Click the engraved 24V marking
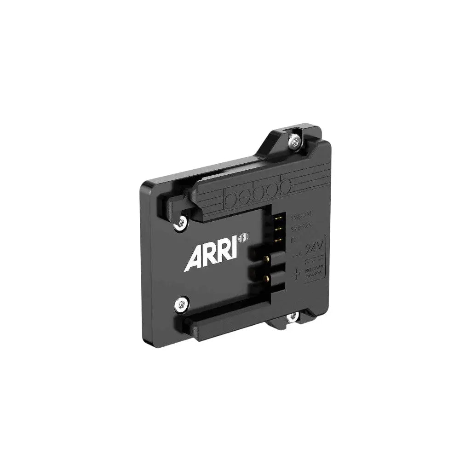[314, 250]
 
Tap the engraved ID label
[294, 239]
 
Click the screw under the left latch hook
[180, 224]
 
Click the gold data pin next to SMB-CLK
[279, 228]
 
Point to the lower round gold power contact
[265, 278]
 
